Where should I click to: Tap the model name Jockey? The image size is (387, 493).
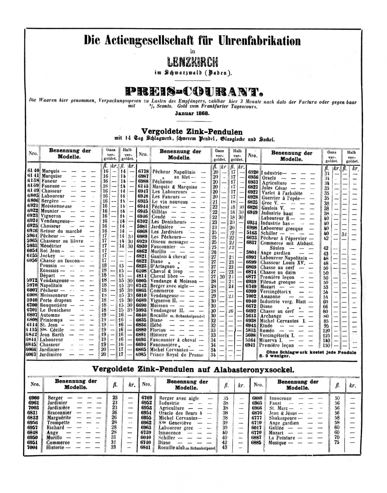pyautogui.click(x=49, y=255)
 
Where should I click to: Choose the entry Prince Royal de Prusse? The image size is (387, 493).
pyautogui.click(x=177, y=355)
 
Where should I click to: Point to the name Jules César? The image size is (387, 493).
pyautogui.click(x=273, y=188)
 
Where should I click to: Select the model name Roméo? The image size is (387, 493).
pyautogui.click(x=267, y=330)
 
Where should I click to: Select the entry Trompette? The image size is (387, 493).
pyautogui.click(x=58, y=423)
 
